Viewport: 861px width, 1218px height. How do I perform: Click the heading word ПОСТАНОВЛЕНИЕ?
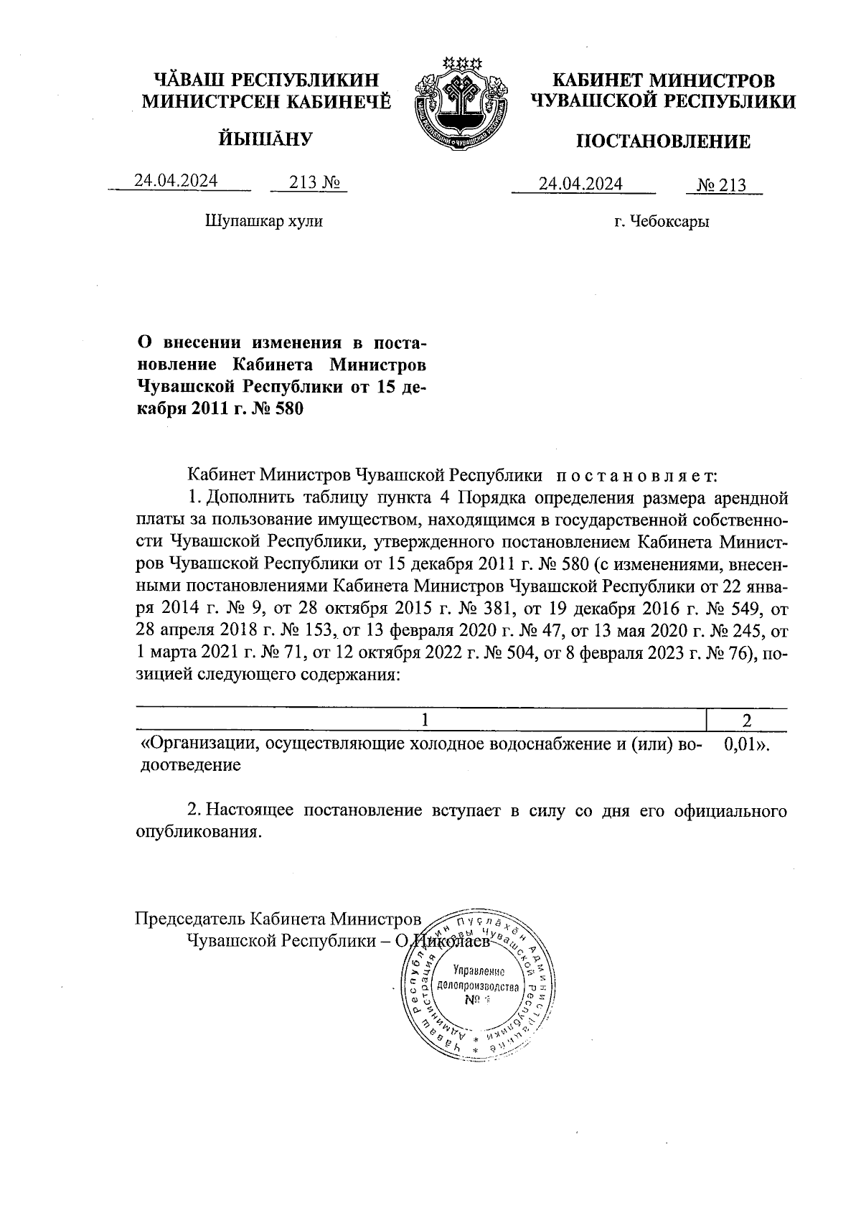[664, 141]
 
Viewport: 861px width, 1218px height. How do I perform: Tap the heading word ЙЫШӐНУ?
[265, 138]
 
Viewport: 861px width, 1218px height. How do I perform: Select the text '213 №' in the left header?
[307, 182]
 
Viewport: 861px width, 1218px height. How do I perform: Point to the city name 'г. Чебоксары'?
[662, 222]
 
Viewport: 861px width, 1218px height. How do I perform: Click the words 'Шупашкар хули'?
[264, 221]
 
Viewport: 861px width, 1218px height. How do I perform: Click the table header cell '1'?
[425, 720]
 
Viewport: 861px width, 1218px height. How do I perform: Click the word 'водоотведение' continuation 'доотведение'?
[188, 766]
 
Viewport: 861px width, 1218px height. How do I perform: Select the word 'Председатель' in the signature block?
[190, 919]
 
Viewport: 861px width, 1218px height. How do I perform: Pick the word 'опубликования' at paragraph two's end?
[196, 833]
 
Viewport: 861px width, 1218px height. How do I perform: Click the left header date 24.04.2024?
[177, 181]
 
